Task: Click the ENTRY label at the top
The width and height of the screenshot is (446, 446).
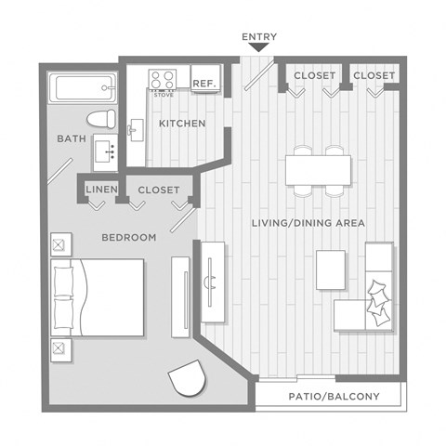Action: coord(259,37)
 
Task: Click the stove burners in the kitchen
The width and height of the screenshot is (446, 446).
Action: coord(164,78)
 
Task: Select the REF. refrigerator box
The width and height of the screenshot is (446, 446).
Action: coord(204,83)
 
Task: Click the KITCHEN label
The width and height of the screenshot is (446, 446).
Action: coord(182,124)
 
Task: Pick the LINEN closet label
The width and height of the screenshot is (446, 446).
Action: coord(99,190)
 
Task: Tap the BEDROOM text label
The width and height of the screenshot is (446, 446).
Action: coord(128,238)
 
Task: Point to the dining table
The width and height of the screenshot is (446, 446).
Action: coord(318,170)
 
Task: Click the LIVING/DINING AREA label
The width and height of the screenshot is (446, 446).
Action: coord(308,223)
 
